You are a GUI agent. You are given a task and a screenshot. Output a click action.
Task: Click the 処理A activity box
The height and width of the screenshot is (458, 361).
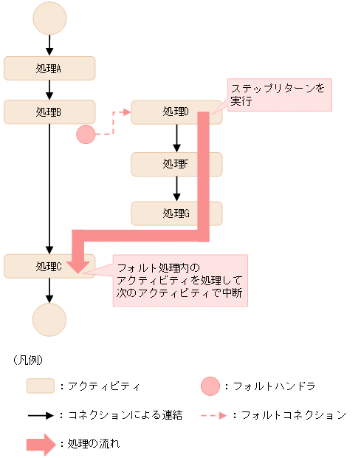(49, 68)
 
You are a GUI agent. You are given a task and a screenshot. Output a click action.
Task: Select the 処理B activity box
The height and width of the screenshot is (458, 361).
(49, 112)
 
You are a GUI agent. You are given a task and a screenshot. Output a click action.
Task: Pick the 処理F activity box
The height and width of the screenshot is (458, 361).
(176, 164)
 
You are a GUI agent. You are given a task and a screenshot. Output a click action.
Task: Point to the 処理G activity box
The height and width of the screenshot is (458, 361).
(176, 213)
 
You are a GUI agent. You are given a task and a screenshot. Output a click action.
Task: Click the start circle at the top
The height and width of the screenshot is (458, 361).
(49, 18)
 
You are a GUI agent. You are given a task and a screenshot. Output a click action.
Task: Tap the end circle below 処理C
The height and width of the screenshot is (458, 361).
(49, 319)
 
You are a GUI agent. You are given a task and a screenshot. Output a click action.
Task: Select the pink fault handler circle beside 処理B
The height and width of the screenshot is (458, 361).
(86, 134)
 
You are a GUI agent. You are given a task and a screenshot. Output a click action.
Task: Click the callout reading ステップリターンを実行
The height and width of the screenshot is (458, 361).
(277, 95)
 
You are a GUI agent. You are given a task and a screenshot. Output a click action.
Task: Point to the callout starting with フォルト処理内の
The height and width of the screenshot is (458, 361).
(179, 281)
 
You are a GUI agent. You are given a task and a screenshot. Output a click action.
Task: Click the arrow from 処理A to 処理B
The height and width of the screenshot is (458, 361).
(49, 89)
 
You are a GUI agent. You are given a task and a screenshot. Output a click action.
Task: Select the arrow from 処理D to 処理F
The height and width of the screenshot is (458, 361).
(176, 137)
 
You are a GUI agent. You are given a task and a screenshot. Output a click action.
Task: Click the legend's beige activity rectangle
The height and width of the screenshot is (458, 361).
(41, 386)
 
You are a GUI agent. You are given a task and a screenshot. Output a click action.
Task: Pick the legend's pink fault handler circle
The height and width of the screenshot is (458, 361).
(210, 386)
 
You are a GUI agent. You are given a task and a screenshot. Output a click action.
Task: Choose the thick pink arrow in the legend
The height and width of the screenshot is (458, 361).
(41, 444)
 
